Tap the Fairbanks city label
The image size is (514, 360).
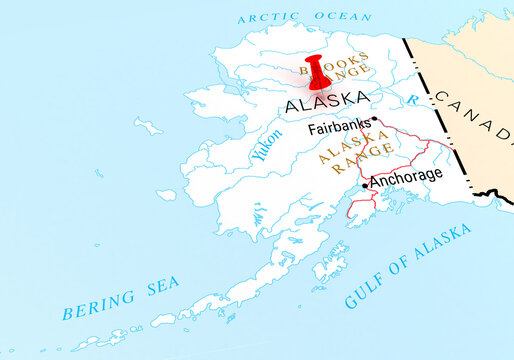click(336, 129)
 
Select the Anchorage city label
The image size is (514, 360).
click(406, 175)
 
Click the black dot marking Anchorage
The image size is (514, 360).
click(365, 184)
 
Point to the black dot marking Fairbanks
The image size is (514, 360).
click(374, 120)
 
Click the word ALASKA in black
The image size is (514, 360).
click(326, 101)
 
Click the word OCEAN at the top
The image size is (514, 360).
click(343, 17)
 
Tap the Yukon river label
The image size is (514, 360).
click(266, 146)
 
